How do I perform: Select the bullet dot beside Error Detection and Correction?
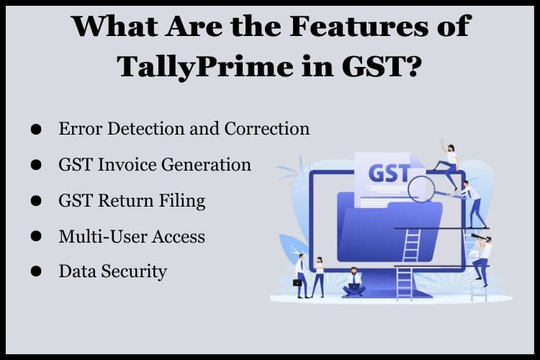[36, 130]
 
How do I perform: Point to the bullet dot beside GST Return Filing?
[36, 202]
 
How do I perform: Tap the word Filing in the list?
[181, 201]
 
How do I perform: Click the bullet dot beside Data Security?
[36, 272]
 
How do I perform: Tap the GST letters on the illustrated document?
[388, 176]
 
